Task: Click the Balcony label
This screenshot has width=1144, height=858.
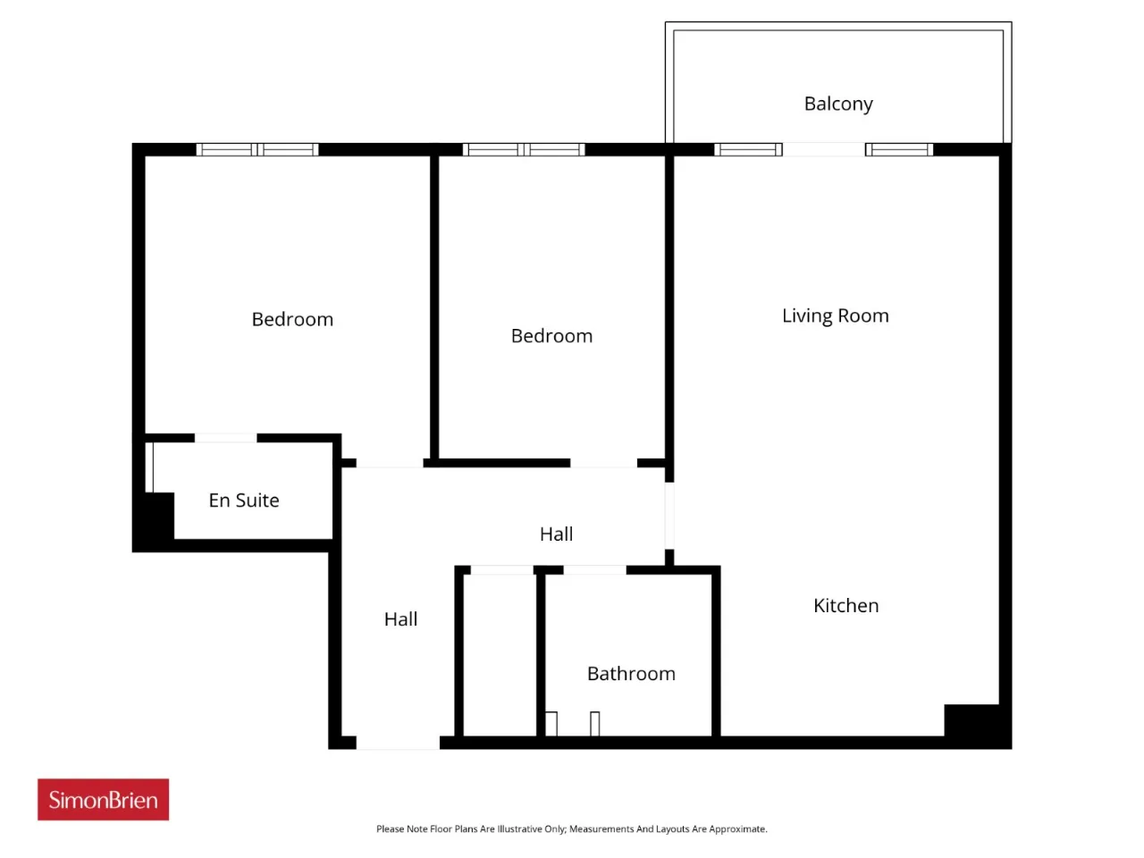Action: point(838,105)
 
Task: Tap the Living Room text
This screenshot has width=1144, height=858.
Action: point(836,315)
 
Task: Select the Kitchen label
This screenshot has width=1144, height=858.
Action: point(845,605)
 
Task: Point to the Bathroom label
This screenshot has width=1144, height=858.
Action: point(631,674)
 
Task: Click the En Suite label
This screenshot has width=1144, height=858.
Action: point(244,500)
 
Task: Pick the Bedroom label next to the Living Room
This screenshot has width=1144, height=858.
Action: point(552,336)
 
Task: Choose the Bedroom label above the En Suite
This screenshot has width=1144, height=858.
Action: point(292,319)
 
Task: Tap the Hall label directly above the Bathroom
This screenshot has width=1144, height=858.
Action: point(556,534)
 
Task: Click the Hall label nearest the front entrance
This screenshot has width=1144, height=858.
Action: point(400,618)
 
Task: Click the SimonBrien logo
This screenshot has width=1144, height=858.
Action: point(103,800)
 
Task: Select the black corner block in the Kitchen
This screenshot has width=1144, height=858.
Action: point(972,720)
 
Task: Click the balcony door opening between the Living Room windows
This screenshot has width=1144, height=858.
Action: point(823,149)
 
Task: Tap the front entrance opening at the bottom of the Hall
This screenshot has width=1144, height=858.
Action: point(398,743)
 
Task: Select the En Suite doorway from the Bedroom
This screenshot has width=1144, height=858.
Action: point(226,438)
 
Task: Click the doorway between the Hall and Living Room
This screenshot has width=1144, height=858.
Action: point(669,516)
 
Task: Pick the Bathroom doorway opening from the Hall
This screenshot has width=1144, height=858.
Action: point(594,570)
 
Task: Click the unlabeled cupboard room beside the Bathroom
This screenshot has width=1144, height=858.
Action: point(500,655)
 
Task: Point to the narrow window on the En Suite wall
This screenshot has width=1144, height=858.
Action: point(149,467)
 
